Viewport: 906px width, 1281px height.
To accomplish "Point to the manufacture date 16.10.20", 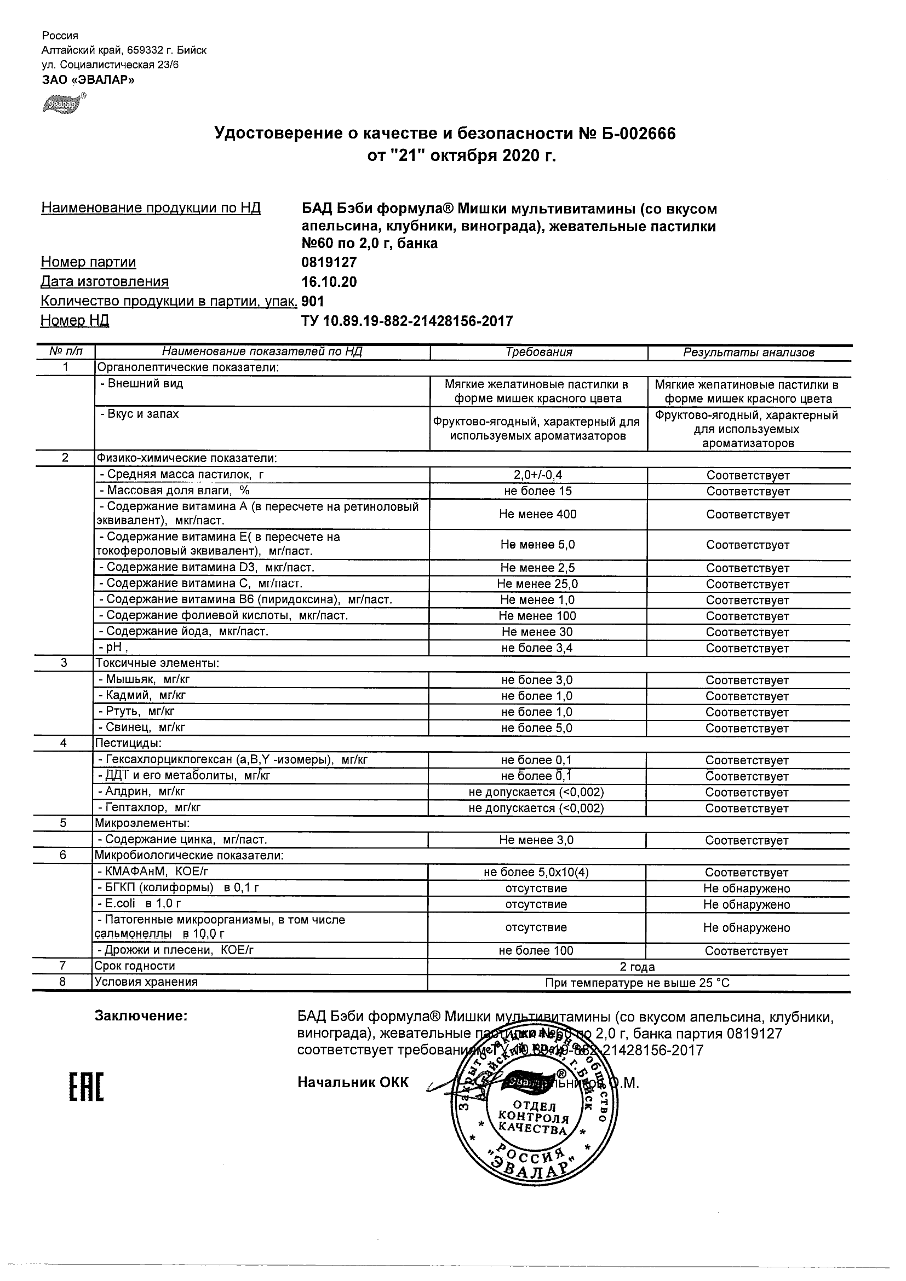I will (x=329, y=282).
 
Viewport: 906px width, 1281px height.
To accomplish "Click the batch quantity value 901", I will (x=313, y=301).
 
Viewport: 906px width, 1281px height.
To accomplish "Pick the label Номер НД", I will (x=75, y=321).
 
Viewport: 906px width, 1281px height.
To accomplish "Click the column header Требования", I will (x=538, y=352).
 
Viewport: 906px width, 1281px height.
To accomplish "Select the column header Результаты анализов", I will (x=749, y=353).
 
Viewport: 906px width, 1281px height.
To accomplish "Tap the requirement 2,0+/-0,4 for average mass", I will (x=538, y=475).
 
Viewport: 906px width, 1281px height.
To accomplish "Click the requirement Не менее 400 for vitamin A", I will (x=537, y=514).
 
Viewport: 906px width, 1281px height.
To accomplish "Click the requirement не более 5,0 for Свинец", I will (x=536, y=728).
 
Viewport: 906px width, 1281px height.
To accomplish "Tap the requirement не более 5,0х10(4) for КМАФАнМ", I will (x=536, y=873).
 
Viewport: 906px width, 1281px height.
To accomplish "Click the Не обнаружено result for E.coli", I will (x=747, y=904).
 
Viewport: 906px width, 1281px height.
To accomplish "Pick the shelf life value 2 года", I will (x=637, y=967).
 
